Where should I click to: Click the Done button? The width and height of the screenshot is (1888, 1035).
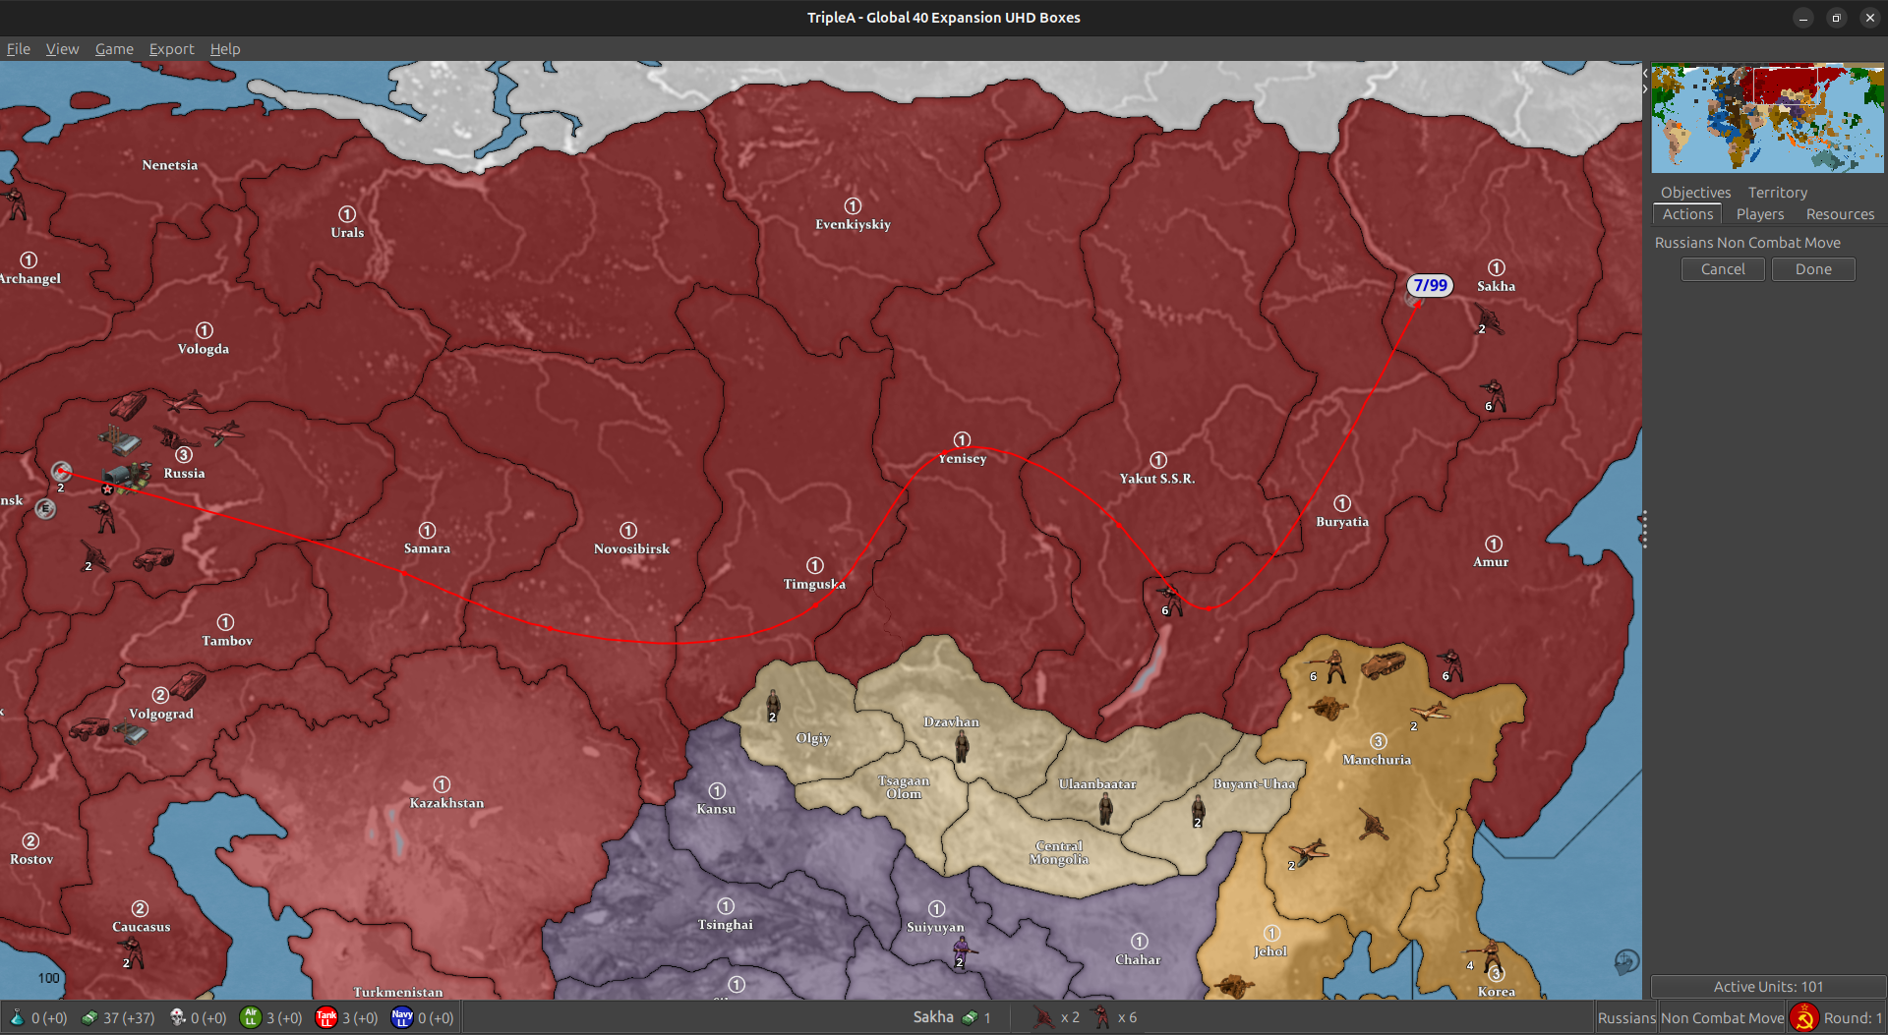1812,269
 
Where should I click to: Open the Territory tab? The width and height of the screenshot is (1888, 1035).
1777,193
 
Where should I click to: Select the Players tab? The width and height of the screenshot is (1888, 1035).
1759,214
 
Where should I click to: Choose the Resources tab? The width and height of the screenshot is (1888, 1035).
1839,214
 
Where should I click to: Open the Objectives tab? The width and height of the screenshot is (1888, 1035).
1695,193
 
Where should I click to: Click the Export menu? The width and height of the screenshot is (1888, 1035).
171,49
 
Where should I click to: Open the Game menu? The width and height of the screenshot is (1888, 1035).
114,49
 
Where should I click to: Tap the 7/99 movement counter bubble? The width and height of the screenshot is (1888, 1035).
1430,285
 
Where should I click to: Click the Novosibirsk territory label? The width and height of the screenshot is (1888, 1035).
631,548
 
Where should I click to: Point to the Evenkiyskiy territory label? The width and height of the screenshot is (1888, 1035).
853,224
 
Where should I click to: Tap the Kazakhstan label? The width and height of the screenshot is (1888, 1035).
446,803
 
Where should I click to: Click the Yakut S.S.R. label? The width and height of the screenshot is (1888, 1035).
1157,479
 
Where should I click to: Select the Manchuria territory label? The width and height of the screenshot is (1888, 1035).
1377,760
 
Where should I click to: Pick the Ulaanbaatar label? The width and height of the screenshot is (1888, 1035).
1097,784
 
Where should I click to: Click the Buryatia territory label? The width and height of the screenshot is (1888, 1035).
1342,522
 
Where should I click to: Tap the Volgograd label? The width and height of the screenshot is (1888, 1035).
161,714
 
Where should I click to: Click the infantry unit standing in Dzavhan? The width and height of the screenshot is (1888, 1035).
962,746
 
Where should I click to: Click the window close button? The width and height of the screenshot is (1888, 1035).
1869,18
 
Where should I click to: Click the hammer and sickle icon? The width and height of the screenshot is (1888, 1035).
1803,1018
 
